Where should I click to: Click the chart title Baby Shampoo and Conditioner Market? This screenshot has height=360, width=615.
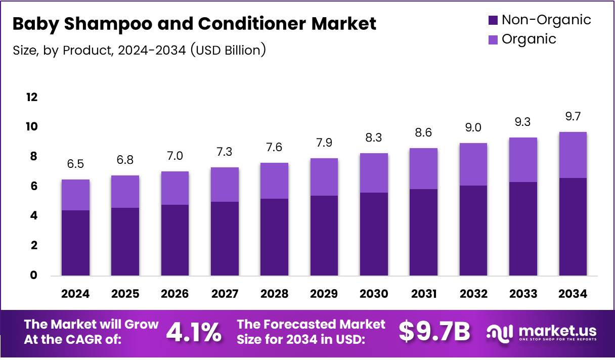[x=194, y=24]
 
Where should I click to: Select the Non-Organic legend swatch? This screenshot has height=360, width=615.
[x=493, y=20]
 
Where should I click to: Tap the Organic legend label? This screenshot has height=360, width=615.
[x=529, y=39]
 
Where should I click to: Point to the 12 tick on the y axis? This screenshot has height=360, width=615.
[x=32, y=97]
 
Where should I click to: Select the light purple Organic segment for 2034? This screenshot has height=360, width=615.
[x=573, y=155]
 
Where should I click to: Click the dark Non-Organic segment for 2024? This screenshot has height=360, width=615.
[x=75, y=243]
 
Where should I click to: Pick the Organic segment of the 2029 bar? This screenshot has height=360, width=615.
[x=324, y=177]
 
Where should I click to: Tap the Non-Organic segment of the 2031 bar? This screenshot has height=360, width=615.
[x=424, y=233]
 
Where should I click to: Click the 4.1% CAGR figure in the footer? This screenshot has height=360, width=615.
[x=194, y=332]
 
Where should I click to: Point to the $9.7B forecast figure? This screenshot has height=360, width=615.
[x=434, y=332]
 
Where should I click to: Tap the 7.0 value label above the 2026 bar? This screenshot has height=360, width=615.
[x=175, y=156]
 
